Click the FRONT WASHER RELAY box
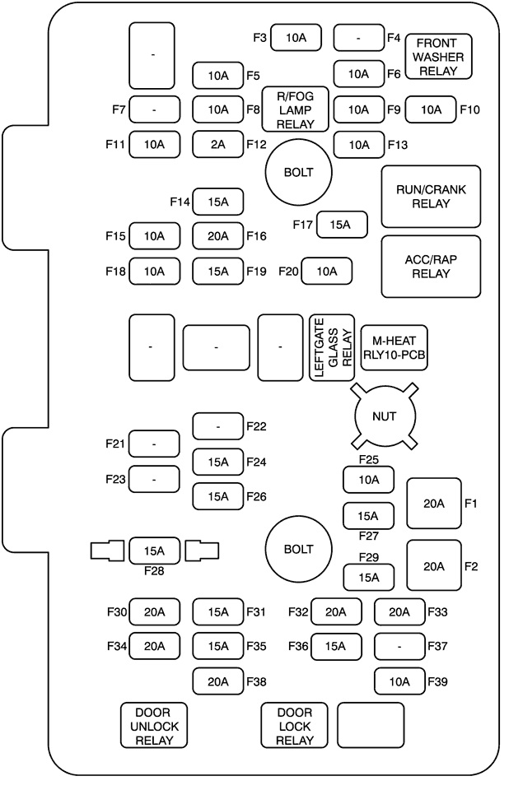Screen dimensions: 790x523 [x=443, y=56]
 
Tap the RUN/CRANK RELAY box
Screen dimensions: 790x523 [x=431, y=196]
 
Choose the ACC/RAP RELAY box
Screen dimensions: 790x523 [x=431, y=267]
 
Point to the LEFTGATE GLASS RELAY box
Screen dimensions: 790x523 [x=331, y=347]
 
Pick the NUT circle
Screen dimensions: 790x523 [x=384, y=416]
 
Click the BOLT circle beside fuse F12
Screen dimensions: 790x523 [x=297, y=173]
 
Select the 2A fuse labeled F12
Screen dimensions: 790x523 [x=217, y=144]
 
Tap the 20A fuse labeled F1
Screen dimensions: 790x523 [x=434, y=503]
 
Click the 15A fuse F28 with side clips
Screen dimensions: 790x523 [x=154, y=550]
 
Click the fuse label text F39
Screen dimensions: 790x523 [x=437, y=681]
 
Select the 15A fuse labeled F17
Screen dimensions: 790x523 [x=342, y=224]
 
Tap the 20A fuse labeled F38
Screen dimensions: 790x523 [x=217, y=681]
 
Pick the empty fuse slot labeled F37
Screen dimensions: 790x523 [x=399, y=647]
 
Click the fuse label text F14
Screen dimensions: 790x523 [x=180, y=201]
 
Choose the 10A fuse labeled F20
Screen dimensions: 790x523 [x=326, y=271]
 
